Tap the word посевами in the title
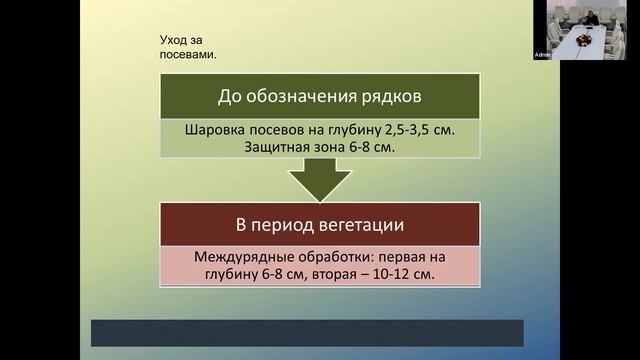(188, 54)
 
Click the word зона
(333, 147)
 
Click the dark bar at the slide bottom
(307, 333)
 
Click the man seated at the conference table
(592, 19)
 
